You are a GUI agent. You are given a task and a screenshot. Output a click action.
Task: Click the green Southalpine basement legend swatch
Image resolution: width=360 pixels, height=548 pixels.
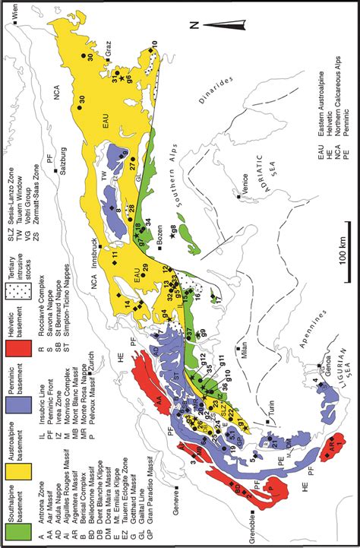pyautogui.click(x=18, y=526)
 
